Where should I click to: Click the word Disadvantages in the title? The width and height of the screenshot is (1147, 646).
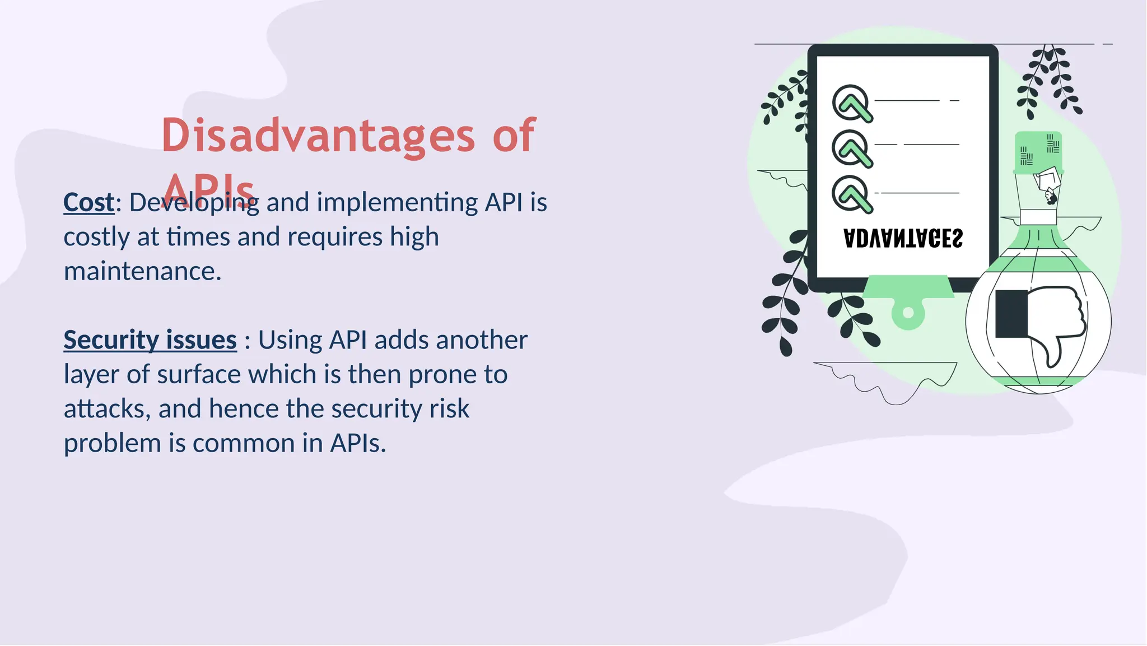coord(318,136)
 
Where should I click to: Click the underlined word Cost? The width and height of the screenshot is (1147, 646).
coord(88,202)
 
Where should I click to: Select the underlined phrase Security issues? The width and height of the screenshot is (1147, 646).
coord(150,340)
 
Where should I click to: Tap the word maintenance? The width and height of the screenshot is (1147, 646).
coord(142,272)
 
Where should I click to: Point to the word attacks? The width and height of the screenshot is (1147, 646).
coord(106,409)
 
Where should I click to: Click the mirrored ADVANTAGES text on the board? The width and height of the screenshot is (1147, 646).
coord(903,239)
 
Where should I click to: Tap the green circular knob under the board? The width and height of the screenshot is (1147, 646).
coord(908,313)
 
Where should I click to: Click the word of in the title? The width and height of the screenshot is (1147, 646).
coord(514,136)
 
